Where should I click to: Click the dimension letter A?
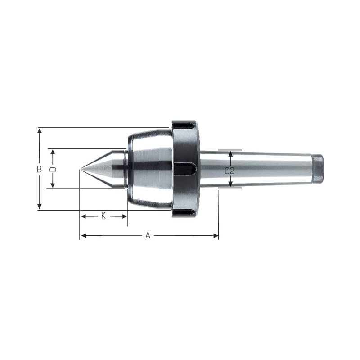148,235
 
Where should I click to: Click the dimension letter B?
40,169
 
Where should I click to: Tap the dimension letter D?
53,170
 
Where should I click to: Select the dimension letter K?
103,216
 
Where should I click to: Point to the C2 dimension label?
229,171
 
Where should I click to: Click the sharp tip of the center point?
80,170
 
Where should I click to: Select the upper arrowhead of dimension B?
40,131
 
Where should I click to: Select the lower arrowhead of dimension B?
40,207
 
